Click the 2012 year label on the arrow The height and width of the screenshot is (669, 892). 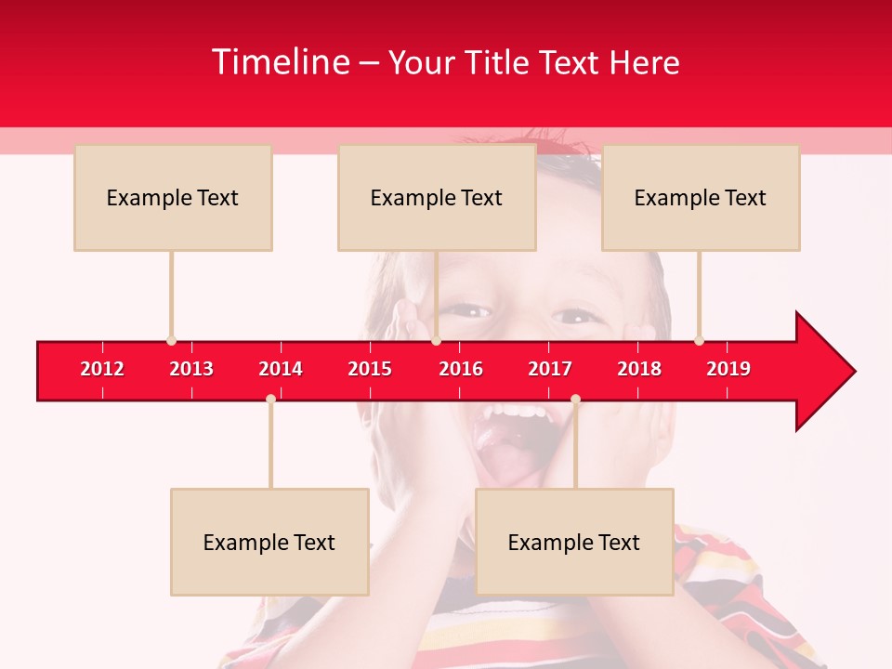coord(102,369)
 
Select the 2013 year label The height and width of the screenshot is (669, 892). coord(191,369)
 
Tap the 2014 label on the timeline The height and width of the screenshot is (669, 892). coord(281,369)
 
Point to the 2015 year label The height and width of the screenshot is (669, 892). coord(370,369)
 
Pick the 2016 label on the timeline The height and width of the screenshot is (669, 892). coord(461,369)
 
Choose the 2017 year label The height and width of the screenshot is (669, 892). coord(550,369)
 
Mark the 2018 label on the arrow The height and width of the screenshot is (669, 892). coord(639,369)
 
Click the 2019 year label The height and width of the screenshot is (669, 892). coord(728,369)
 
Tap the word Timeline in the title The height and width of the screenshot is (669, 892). coord(281,62)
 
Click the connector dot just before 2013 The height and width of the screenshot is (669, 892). coord(171,341)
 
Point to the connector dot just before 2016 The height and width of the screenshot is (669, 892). coord(436,341)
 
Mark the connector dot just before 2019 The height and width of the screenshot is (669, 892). coord(700,341)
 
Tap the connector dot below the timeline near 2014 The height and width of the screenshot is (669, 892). coord(270,400)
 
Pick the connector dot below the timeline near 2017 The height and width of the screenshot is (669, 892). coord(575,400)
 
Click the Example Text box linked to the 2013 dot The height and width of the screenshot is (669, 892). coord(173,197)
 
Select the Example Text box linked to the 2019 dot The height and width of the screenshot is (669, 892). coord(701,197)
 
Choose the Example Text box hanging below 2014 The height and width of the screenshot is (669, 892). coord(269,542)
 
